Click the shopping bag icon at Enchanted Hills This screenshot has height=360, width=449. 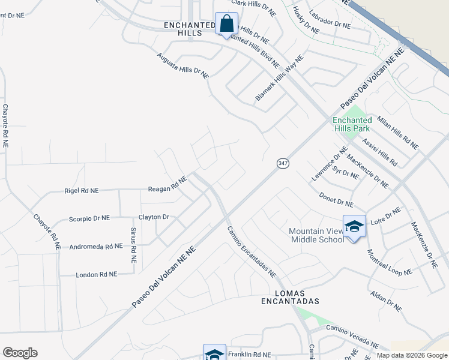click(227, 26)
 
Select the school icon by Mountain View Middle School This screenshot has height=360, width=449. click(354, 226)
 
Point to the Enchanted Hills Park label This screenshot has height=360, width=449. click(352, 124)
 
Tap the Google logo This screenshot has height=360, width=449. click(20, 353)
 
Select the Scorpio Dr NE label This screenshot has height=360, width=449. click(89, 218)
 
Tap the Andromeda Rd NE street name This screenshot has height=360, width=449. click(96, 246)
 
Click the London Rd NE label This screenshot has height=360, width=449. click(96, 274)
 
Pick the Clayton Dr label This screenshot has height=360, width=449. click(154, 217)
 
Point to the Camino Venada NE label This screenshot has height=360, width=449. click(352, 337)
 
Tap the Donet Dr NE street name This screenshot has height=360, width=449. click(336, 197)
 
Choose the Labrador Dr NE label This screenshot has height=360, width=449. click(329, 20)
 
